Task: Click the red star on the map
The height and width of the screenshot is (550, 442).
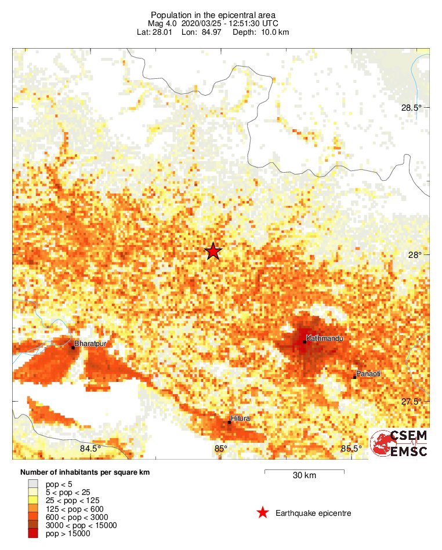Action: [213, 251]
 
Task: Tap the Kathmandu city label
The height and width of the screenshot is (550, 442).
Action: [325, 337]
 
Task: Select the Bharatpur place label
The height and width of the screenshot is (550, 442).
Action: [91, 344]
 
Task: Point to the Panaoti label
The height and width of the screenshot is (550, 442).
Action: [368, 374]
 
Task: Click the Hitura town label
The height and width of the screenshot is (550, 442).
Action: [240, 418]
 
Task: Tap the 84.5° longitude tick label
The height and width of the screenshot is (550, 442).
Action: [90, 448]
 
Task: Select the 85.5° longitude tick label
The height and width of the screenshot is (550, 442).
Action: [351, 448]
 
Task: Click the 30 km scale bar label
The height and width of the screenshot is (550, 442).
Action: [305, 476]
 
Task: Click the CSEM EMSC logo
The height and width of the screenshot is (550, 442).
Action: [400, 443]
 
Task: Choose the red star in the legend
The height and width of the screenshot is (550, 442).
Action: [263, 513]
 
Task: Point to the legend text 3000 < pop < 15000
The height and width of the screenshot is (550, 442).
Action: [81, 525]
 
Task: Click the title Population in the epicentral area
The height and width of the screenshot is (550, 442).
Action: [213, 14]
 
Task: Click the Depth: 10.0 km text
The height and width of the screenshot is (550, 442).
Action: [260, 31]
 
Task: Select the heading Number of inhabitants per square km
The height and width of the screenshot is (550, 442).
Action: [85, 472]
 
